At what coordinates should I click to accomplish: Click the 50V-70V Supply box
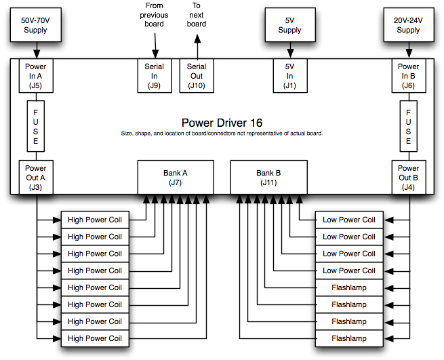[36, 26]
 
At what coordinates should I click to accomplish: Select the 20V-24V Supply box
[408, 26]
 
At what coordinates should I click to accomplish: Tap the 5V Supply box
[289, 26]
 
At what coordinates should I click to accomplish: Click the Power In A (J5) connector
[36, 76]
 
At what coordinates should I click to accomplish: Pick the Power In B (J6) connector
[408, 76]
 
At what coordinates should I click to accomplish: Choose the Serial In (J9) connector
[155, 76]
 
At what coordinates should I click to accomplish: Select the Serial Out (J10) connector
[197, 76]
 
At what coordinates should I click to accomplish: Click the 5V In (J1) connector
[289, 76]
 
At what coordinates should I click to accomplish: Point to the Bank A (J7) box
[176, 178]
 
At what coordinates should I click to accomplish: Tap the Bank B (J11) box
[268, 178]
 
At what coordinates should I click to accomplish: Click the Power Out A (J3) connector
[36, 178]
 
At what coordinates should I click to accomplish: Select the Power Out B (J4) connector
[408, 178]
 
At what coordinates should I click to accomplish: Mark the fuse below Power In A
[36, 126]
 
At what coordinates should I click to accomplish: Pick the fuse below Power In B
[408, 126]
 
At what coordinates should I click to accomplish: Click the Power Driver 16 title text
[222, 123]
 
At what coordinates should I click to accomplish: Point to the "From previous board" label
[155, 14]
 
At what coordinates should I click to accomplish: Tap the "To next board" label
[197, 14]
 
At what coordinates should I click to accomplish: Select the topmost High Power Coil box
[95, 220]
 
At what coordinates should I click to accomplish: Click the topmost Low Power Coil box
[348, 220]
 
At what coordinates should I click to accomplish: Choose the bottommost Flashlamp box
[348, 338]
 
